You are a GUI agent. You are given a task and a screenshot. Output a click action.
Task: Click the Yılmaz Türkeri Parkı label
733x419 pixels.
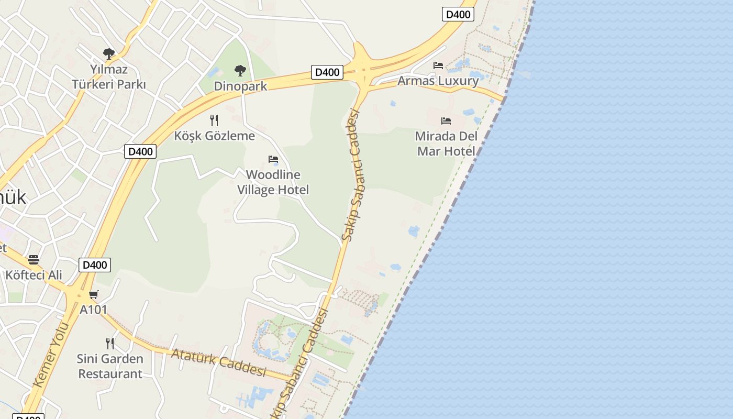[x=109, y=76]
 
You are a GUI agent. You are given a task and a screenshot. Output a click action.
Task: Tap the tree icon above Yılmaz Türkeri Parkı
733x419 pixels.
[x=109, y=53]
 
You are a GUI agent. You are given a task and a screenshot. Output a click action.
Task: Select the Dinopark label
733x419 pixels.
[x=240, y=86]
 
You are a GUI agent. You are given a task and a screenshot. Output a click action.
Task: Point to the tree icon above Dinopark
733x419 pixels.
[x=240, y=70]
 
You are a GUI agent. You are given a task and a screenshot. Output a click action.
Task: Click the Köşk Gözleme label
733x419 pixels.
[x=215, y=136]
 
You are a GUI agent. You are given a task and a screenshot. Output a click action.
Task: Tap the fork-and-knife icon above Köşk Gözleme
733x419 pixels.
[x=214, y=120]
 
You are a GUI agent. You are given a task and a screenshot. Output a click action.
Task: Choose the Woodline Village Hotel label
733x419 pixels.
[x=273, y=182]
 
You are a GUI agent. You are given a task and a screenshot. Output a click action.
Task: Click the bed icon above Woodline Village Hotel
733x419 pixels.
[x=273, y=159]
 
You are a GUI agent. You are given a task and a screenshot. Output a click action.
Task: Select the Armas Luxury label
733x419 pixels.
[x=438, y=81]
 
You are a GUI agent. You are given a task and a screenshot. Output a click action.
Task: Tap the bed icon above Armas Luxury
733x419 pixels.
[x=438, y=65]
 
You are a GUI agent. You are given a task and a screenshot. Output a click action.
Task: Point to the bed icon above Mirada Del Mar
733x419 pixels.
[x=446, y=121]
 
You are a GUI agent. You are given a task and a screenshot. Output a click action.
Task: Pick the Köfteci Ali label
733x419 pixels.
[x=34, y=275]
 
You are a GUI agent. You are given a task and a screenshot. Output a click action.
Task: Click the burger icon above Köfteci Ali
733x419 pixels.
[x=34, y=259]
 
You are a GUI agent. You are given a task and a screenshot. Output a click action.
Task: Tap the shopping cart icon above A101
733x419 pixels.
[x=94, y=295]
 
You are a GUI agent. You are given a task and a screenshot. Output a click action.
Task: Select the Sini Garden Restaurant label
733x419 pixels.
[x=110, y=366]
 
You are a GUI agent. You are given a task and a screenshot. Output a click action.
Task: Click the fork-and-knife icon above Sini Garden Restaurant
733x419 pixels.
[x=110, y=344]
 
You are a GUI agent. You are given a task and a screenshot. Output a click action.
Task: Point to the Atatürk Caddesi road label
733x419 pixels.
[x=219, y=362]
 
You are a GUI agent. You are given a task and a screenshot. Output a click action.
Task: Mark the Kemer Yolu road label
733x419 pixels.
[x=51, y=355]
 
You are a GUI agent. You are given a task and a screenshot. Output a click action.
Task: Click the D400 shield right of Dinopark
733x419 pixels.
[x=327, y=72]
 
